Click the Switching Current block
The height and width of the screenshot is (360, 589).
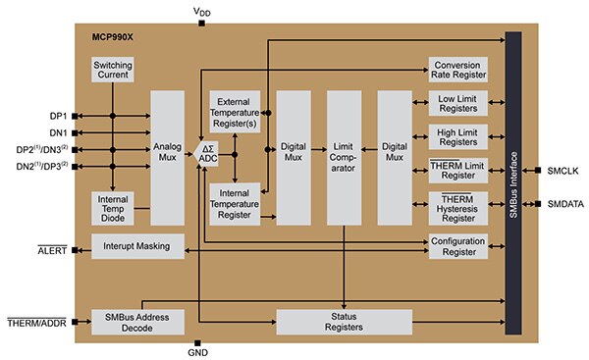point(113,71)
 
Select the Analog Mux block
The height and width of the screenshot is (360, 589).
point(168,152)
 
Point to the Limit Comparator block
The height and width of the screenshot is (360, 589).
point(345,152)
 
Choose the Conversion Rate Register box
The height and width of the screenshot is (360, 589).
point(457,71)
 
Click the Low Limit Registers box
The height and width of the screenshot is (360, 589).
point(457,105)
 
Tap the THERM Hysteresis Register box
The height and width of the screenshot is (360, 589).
point(457,207)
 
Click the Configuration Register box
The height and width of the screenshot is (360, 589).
point(457,245)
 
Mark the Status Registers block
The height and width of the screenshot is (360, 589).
point(345,323)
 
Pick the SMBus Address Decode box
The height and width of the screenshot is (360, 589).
point(137,323)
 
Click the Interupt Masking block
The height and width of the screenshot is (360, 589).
point(137,246)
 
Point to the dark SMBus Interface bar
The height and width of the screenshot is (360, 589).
point(511,186)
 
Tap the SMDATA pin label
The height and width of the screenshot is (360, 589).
point(562,204)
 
